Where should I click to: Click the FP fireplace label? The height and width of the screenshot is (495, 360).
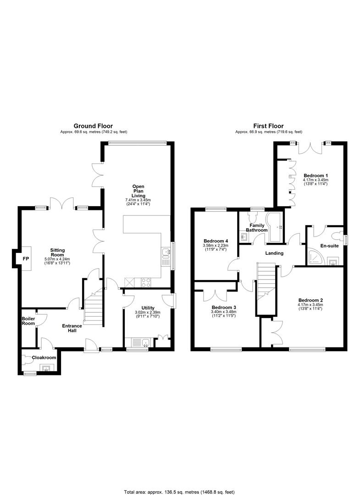click(26, 258)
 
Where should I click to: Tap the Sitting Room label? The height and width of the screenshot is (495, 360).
click(57, 253)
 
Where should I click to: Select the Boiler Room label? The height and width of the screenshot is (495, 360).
click(28, 321)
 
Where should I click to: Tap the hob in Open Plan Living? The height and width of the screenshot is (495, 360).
click(145, 282)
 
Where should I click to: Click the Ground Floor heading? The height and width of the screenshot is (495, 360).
click(93, 126)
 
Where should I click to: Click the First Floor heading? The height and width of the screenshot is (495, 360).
click(268, 126)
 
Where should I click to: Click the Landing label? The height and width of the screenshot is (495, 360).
click(274, 253)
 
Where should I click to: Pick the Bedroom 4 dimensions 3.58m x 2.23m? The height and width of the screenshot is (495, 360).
click(216, 245)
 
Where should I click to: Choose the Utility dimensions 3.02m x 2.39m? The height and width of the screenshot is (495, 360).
click(148, 313)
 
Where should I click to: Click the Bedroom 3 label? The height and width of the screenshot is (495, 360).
click(224, 307)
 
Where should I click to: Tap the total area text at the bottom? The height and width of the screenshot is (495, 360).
click(179, 492)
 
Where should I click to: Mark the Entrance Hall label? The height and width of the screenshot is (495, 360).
click(72, 328)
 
